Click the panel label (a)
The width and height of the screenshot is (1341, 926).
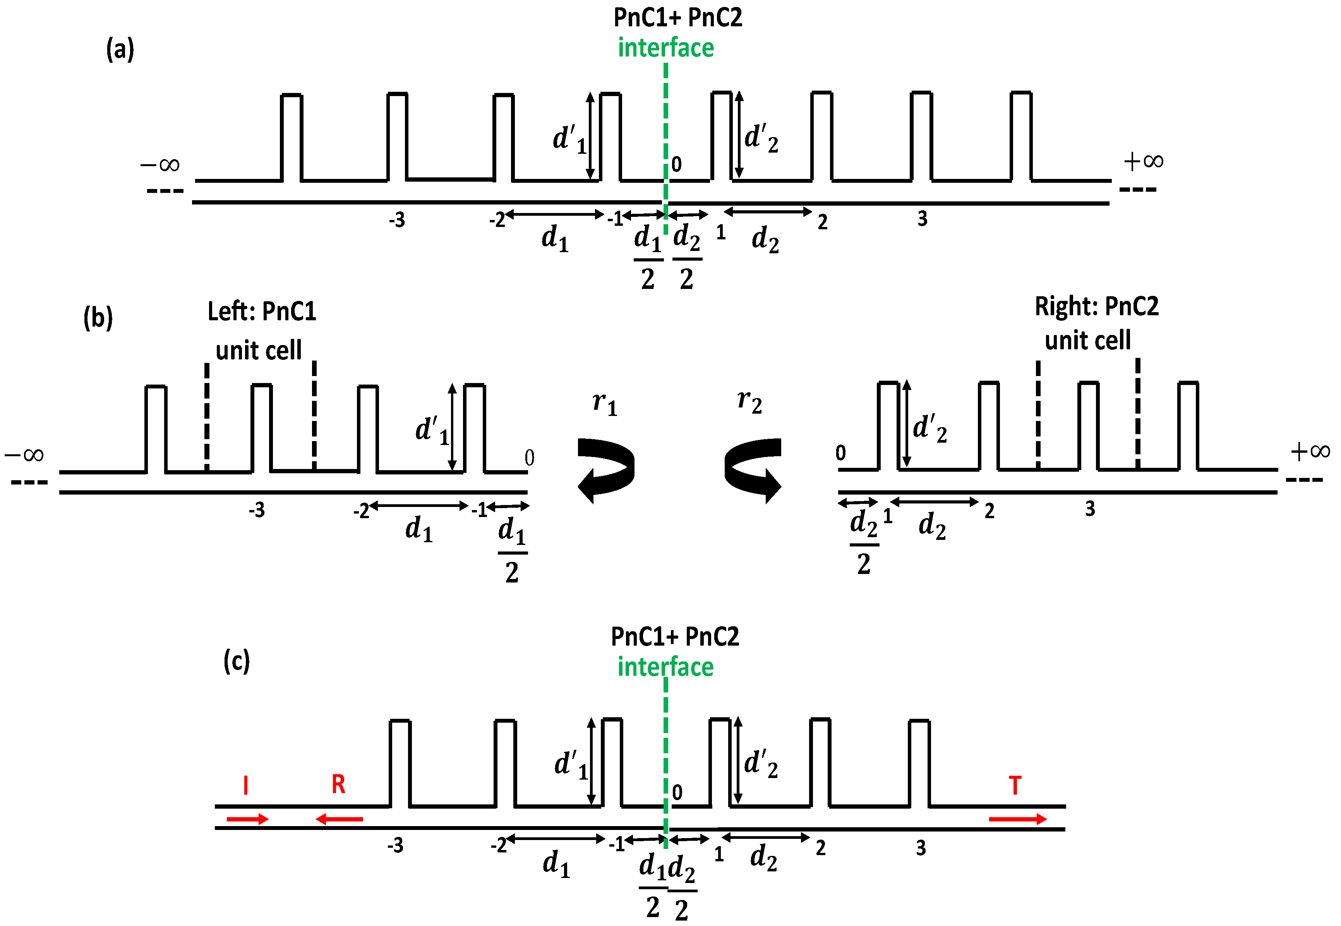[x=120, y=49]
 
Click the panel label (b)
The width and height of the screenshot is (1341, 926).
[x=98, y=318]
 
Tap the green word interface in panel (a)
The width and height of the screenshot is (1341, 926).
[x=665, y=48]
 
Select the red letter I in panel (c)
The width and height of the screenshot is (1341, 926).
[x=246, y=785]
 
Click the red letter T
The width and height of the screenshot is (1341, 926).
[x=1014, y=785]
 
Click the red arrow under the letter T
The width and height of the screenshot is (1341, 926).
[x=1017, y=819]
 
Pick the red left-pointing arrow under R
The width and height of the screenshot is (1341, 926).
[x=339, y=819]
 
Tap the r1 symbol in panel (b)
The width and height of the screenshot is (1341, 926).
[x=604, y=403]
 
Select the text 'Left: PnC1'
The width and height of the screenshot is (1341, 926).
[x=262, y=311]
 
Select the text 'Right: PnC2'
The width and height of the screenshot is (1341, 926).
[x=1096, y=306]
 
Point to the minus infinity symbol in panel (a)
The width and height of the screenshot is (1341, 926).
[x=160, y=165]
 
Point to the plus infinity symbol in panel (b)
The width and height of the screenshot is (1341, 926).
[x=1310, y=451]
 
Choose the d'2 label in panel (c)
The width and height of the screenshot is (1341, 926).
[x=760, y=764]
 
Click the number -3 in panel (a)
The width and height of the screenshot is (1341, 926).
[x=397, y=220]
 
